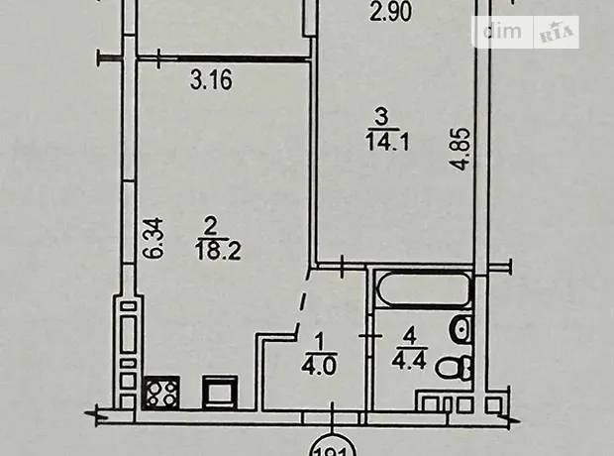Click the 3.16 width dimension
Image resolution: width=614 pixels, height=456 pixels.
(211, 79)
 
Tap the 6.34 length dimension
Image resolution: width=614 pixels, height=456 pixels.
(153, 238)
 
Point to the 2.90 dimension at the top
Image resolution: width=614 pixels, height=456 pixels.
(391, 12)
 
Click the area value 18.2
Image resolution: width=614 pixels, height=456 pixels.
(218, 251)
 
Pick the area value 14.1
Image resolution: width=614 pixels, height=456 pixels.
(387, 142)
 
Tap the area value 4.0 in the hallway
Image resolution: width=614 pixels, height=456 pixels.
(319, 367)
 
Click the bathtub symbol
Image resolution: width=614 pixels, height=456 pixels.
(423, 289)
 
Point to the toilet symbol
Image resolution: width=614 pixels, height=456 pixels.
(455, 368)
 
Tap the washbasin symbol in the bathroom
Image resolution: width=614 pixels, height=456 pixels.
(460, 329)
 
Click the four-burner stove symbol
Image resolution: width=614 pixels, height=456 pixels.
(161, 393)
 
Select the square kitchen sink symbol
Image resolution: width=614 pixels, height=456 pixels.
(219, 393)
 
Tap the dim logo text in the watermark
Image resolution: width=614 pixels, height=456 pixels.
(502, 32)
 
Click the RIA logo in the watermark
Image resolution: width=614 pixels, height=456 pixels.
(557, 34)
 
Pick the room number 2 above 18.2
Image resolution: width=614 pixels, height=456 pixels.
(211, 228)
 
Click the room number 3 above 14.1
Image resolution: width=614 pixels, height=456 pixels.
(381, 118)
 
